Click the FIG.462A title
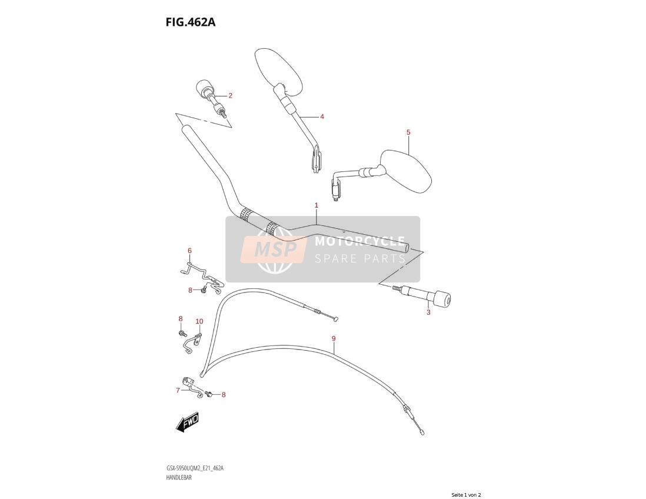191,22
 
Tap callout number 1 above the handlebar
317,205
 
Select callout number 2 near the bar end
230,95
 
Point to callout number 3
428,312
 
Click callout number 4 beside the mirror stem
322,117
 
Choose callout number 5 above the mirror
408,132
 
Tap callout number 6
189,251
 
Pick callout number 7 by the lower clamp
178,390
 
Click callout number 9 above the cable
334,339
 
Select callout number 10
199,321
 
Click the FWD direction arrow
188,423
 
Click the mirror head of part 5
405,171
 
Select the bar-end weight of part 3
440,299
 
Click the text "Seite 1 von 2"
466,495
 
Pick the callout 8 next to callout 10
181,318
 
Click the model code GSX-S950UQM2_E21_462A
195,468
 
